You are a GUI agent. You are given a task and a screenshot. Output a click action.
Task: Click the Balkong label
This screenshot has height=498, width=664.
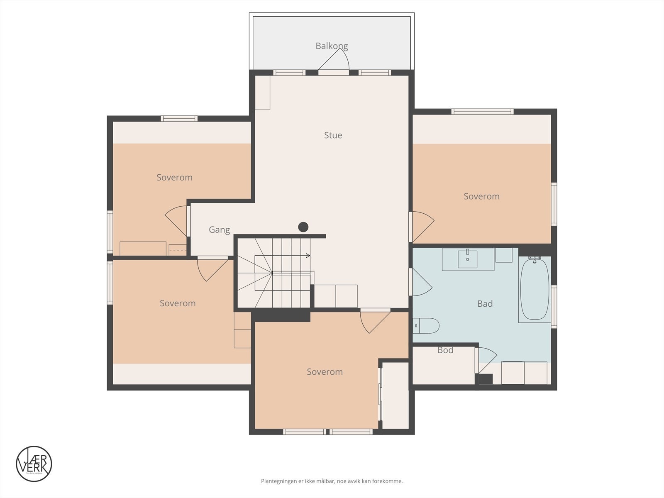pyautogui.click(x=332, y=46)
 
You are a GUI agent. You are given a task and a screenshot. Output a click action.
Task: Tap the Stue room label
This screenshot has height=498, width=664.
pyautogui.click(x=333, y=135)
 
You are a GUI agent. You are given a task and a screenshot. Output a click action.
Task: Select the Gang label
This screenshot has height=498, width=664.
pyautogui.click(x=219, y=229)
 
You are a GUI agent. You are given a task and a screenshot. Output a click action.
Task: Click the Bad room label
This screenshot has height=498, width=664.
pyautogui.click(x=485, y=304)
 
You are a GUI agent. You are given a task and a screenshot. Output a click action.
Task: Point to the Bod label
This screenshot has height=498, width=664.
pyautogui.click(x=445, y=350)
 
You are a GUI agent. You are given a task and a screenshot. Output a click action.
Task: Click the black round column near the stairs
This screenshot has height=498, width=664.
pyautogui.click(x=303, y=227)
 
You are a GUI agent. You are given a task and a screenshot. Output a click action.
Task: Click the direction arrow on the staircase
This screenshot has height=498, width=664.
pyautogui.click(x=308, y=256)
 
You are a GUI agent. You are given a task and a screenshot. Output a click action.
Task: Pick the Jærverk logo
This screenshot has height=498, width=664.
pyautogui.click(x=34, y=464)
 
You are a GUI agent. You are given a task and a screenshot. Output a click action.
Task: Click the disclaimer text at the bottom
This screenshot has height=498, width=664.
pyautogui.click(x=332, y=481)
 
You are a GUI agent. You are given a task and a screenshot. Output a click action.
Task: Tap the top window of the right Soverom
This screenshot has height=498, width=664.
pyautogui.click(x=482, y=112)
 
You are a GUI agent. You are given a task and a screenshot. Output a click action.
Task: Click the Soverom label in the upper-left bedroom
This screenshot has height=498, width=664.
pyautogui.click(x=174, y=178)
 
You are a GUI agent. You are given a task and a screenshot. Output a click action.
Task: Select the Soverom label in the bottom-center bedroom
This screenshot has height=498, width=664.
pyautogui.click(x=325, y=372)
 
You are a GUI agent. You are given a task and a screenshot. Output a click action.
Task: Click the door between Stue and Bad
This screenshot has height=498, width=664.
pyautogui.click(x=420, y=283)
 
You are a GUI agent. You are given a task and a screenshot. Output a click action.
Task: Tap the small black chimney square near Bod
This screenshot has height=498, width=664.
pyautogui.click(x=485, y=379)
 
